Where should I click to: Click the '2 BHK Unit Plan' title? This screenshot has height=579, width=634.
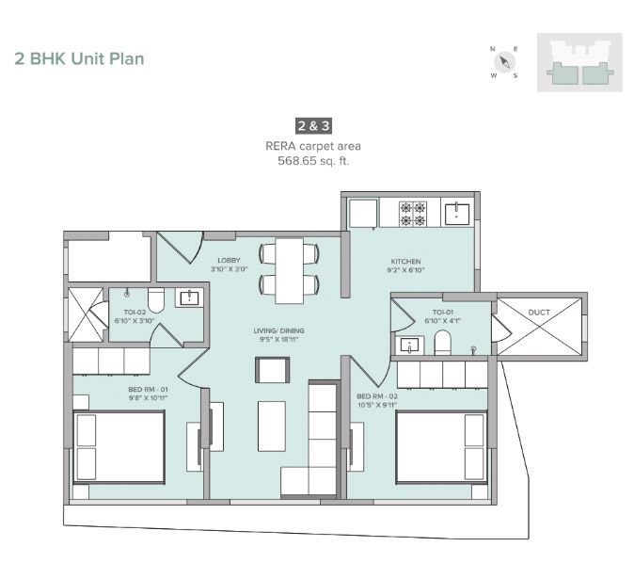pyautogui.click(x=79, y=58)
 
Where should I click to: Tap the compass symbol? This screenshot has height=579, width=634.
pyautogui.click(x=504, y=62)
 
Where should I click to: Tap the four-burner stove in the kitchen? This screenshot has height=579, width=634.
pyautogui.click(x=411, y=214)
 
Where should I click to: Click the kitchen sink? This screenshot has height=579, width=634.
pyautogui.click(x=457, y=212)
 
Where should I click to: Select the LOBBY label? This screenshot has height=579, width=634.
pyautogui.click(x=229, y=261)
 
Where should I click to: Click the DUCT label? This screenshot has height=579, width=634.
pyautogui.click(x=539, y=312)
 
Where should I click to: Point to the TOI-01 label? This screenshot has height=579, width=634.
pyautogui.click(x=443, y=312)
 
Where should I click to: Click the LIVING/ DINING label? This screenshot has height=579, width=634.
pyautogui.click(x=278, y=331)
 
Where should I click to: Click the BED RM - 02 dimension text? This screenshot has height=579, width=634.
pyautogui.click(x=377, y=406)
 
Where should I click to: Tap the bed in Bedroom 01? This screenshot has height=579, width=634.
pyautogui.click(x=119, y=447)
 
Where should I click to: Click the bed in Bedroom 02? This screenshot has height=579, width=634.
pyautogui.click(x=439, y=446)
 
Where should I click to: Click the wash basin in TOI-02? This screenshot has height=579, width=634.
pyautogui.click(x=188, y=298)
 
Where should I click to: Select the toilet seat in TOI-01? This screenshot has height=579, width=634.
pyautogui.click(x=442, y=346)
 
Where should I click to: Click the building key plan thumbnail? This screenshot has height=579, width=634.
pyautogui.click(x=579, y=63)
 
